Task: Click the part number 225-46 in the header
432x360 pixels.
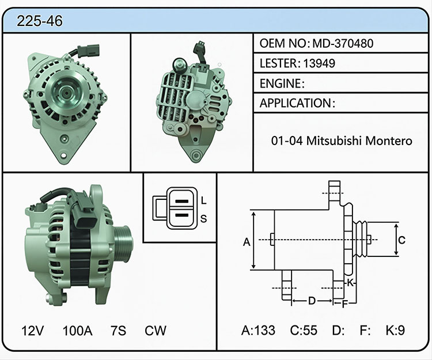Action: [40, 21]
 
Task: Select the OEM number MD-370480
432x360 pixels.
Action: [343, 43]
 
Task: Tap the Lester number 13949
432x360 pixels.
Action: [319, 63]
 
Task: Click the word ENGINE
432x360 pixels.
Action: [281, 83]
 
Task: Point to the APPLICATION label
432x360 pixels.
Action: [295, 103]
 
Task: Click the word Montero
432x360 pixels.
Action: [388, 141]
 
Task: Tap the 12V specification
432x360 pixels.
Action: [32, 331]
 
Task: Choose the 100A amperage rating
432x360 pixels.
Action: [77, 331]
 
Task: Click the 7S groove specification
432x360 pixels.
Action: [119, 331]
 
